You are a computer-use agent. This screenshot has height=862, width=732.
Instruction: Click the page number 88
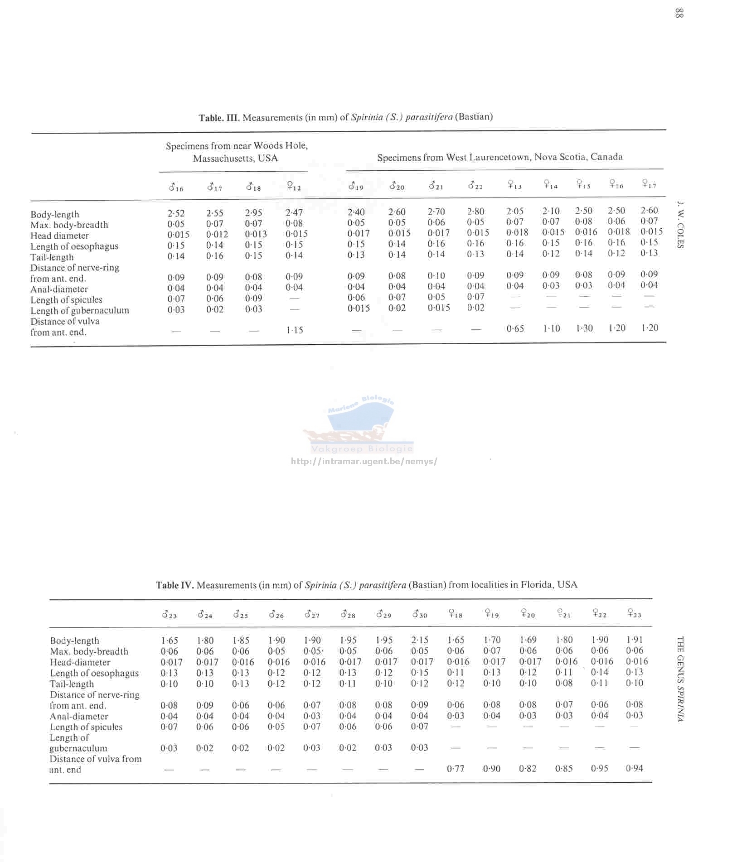tap(679, 13)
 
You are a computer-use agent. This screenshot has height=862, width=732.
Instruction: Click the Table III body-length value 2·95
tap(254, 213)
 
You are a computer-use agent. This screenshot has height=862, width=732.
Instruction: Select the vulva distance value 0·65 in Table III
tap(515, 329)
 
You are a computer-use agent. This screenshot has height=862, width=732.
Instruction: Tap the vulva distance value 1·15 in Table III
tap(295, 330)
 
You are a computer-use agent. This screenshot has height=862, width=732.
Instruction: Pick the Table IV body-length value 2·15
tap(420, 640)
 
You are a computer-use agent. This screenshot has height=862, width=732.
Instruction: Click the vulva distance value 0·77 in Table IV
tap(456, 768)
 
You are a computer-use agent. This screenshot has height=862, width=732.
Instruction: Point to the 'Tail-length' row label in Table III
tap(52, 257)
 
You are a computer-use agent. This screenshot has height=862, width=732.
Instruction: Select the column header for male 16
tap(176, 187)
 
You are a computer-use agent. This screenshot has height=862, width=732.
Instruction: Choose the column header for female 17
tap(650, 184)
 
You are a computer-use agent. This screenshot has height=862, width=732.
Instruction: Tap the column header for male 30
tap(420, 615)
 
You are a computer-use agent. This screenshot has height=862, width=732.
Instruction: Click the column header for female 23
tap(635, 614)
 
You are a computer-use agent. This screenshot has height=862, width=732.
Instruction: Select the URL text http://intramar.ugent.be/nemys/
tap(364, 462)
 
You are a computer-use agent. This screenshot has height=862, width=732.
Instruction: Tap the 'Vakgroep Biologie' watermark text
tap(362, 449)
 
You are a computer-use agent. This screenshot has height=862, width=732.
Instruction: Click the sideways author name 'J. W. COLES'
tap(679, 225)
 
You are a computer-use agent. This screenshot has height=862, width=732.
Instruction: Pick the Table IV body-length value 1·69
tap(528, 640)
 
